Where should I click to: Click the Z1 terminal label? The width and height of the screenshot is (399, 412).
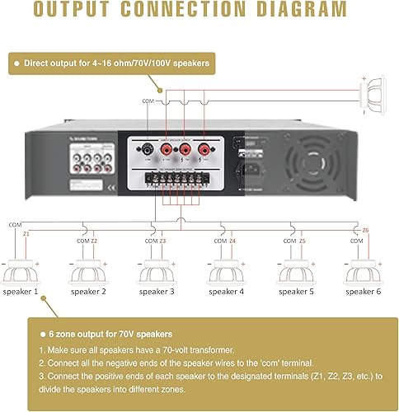point(27,233)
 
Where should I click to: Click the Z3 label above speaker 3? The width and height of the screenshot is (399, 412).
point(162,241)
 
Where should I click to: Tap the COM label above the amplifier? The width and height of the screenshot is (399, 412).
point(148,101)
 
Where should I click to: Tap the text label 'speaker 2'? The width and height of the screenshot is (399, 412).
point(87,292)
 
